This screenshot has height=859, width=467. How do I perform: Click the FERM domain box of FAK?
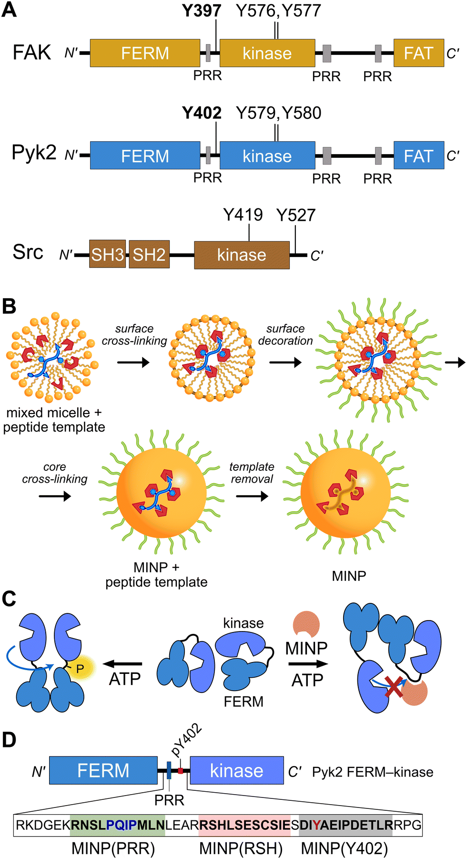[x=145, y=53]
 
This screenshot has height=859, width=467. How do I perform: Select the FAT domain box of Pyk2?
[x=418, y=155]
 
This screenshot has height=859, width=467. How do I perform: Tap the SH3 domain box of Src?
[x=108, y=254]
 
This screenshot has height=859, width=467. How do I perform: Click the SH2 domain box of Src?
[x=149, y=254]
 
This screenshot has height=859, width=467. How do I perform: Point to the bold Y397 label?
[x=201, y=10]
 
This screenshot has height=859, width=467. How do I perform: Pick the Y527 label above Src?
[x=296, y=215]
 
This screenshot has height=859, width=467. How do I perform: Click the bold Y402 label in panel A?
[x=202, y=113]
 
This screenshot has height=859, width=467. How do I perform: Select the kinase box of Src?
[x=242, y=255]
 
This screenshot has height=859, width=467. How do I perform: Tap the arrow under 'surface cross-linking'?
[x=133, y=362]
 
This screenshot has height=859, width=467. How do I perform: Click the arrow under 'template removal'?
[x=252, y=497]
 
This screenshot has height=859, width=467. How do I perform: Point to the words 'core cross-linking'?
[x=55, y=473]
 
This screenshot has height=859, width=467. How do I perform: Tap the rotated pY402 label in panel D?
[x=187, y=740]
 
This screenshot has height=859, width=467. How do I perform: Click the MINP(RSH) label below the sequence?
[x=241, y=849]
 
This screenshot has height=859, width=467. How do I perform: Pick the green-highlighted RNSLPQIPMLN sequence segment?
[x=117, y=825]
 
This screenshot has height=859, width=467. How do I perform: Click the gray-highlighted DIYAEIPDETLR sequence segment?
[x=345, y=825]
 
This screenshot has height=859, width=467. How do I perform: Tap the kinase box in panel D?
[x=237, y=770]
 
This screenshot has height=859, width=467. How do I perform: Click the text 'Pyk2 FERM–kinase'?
[x=373, y=772]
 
